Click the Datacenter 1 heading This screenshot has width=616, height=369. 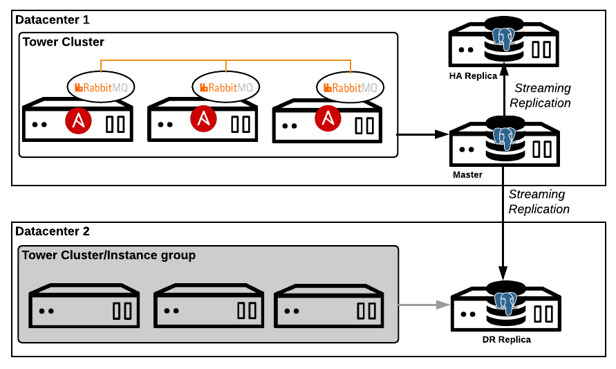tap(53, 20)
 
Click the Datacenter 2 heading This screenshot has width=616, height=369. tap(53, 231)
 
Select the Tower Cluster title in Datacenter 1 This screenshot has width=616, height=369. tap(63, 42)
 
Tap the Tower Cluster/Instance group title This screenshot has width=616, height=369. tap(109, 255)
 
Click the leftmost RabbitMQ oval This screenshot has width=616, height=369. tap(101, 87)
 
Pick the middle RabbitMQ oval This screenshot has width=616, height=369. tap(226, 87)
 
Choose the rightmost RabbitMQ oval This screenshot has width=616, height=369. tap(351, 87)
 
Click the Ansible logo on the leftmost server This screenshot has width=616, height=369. tap(79, 121)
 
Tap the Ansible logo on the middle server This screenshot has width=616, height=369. tap(203, 119)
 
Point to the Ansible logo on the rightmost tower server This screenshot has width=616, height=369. tap(328, 119)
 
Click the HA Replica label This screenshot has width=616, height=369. tap(473, 75)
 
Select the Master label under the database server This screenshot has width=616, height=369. tap(467, 174)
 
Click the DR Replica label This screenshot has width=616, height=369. tap(506, 340)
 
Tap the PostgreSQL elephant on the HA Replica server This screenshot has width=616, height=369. tap(505, 38)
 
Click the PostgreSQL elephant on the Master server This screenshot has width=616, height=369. tap(505, 137)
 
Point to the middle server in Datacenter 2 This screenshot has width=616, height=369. tap(208, 305)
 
